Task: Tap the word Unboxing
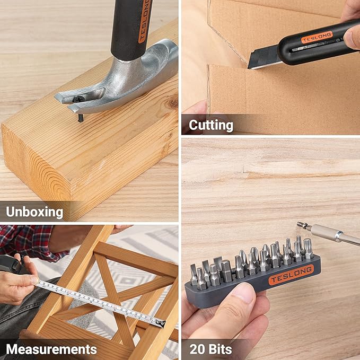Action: point(34,212)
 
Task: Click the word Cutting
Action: point(211,125)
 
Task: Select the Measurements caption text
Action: point(51,349)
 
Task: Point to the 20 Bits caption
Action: point(211,349)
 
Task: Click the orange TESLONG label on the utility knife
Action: point(317,37)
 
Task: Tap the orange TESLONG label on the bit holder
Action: point(291,275)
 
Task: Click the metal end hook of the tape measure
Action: point(161,323)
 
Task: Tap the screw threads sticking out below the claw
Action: point(81,118)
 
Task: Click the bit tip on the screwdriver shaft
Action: point(302,225)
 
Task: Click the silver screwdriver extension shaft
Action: point(333,234)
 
